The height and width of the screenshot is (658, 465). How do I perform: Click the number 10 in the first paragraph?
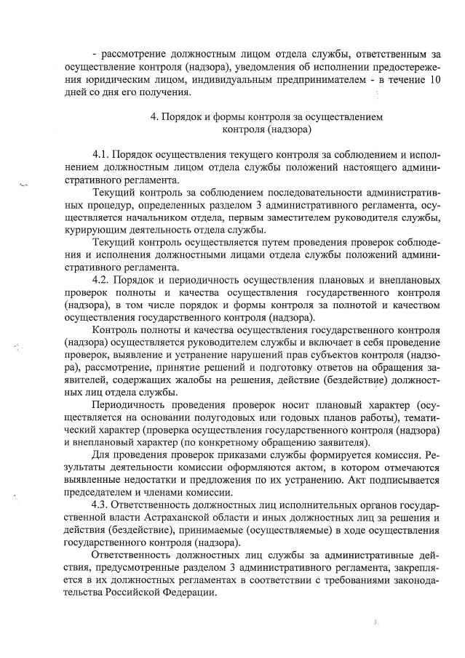[x=434, y=79]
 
